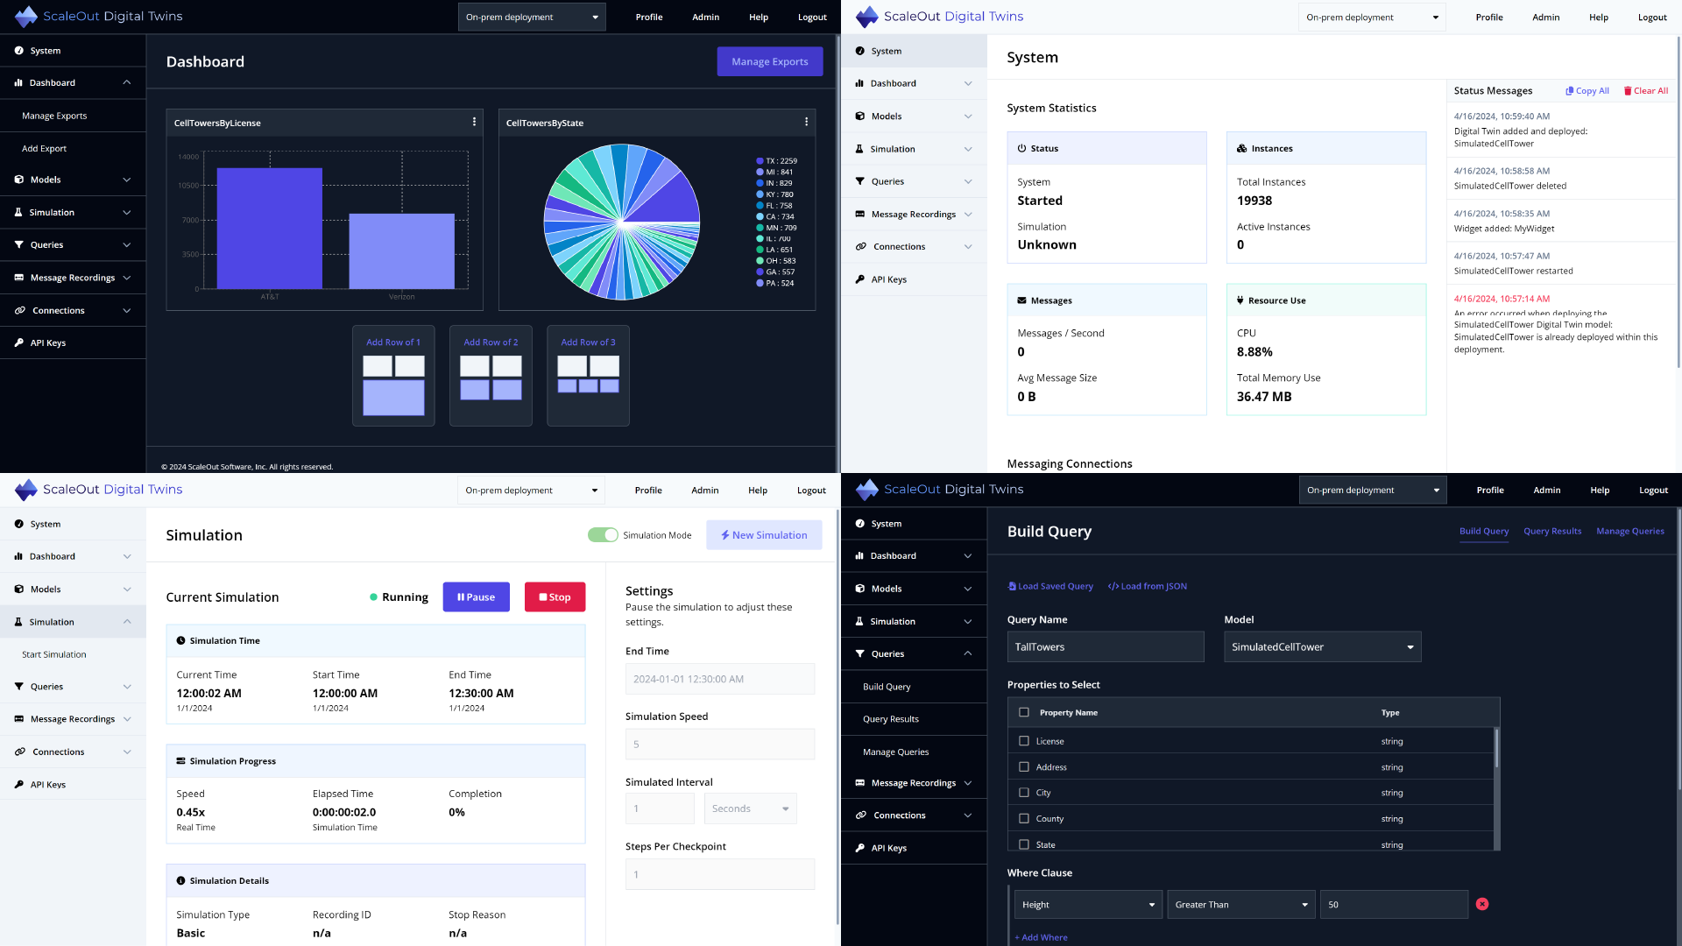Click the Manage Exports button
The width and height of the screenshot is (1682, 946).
[769, 61]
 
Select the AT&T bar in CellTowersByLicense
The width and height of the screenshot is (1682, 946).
[269, 228]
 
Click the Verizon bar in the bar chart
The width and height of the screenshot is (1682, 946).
[401, 251]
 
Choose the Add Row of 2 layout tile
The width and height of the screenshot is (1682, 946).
[491, 376]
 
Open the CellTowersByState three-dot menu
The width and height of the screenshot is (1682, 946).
[806, 122]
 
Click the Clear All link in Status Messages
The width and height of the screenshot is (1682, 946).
[1645, 91]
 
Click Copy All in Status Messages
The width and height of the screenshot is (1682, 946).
[1587, 91]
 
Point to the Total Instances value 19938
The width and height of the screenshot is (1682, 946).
[1254, 201]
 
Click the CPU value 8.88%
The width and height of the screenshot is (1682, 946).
[1254, 352]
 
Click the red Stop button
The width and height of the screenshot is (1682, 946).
[555, 597]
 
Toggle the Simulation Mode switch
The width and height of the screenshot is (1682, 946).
[603, 535]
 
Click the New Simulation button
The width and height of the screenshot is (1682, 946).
[764, 535]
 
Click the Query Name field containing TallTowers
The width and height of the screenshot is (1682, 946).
[1105, 647]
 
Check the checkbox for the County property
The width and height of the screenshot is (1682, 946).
[1023, 819]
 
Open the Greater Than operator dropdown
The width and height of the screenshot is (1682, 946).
[1240, 905]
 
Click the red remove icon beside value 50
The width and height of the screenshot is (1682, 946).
[1481, 904]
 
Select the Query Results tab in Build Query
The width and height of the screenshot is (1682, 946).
[1551, 532]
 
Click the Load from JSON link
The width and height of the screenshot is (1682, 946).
[1147, 587]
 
